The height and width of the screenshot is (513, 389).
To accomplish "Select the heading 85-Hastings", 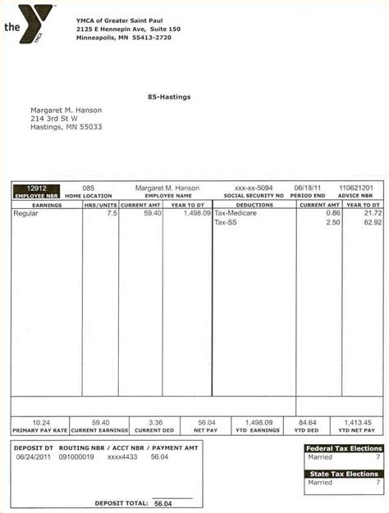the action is [169, 97].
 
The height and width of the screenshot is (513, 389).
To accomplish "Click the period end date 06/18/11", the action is [309, 188].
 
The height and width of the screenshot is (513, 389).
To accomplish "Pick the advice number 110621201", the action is [355, 188].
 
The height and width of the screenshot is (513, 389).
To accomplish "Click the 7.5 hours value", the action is [112, 213].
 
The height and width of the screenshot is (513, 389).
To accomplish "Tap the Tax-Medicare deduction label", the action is [236, 213].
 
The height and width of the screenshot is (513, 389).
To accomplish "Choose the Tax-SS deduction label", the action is [226, 222].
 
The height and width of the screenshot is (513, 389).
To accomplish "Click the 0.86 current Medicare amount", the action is [332, 213].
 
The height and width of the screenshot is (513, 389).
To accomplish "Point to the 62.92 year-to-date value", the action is [373, 222].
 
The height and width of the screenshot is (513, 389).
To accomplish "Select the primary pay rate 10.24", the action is [39, 423].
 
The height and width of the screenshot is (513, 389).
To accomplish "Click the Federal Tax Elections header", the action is [344, 448].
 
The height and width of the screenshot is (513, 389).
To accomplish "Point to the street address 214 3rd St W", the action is [60, 118].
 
